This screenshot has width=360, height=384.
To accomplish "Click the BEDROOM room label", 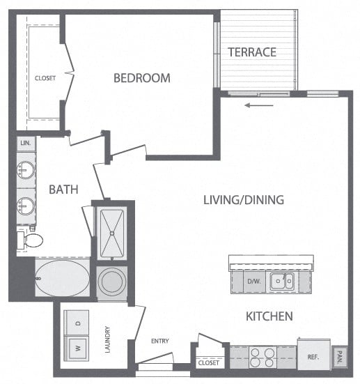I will pyautogui.click(x=142, y=78).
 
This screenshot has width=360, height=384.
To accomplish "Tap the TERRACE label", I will pyautogui.click(x=252, y=52).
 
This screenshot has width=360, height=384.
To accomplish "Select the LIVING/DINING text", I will pyautogui.click(x=243, y=200).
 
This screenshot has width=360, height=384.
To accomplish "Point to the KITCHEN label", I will pyautogui.click(x=269, y=316).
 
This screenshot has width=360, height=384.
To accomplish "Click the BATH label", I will pyautogui.click(x=63, y=189).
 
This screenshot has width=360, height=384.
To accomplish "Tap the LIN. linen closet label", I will pyautogui.click(x=26, y=143).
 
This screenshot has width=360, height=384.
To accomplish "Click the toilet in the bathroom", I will pyautogui.click(x=30, y=240).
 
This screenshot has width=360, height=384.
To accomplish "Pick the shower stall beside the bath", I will pyautogui.click(x=111, y=231).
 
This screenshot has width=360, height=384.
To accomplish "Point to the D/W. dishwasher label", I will pyautogui.click(x=253, y=281).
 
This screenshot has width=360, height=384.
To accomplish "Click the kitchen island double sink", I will pyautogui.click(x=283, y=281).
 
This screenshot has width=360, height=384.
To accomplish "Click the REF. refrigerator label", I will pyautogui.click(x=313, y=357).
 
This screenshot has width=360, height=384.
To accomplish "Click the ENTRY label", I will pyautogui.click(x=160, y=341).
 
